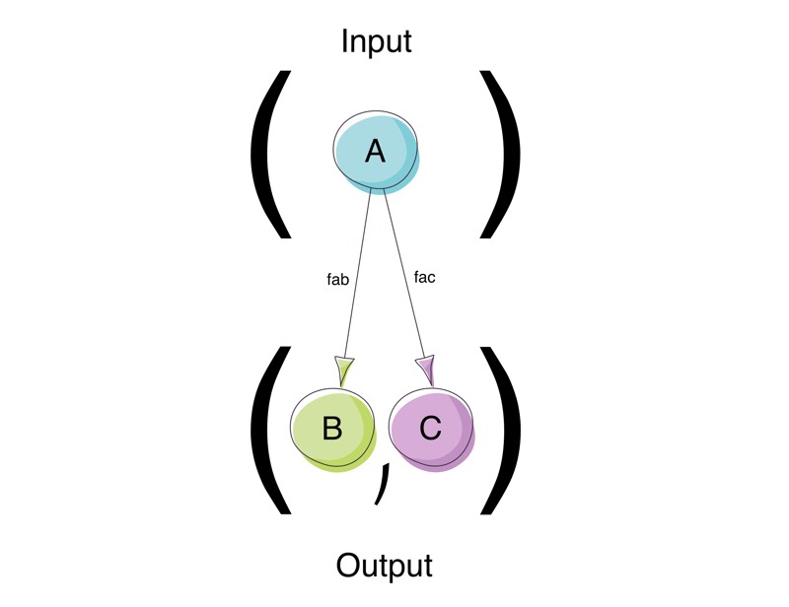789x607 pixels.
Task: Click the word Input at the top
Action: pos(376,42)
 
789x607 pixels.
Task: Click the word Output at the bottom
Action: pos(384,566)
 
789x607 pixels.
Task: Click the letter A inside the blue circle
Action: pos(375,151)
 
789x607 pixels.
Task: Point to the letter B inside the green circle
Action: pos(332,429)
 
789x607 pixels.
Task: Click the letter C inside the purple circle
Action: pos(431,429)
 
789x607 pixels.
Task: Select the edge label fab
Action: pos(337,279)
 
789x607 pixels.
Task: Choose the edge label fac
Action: pos(424,277)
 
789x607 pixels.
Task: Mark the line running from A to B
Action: pos(357,266)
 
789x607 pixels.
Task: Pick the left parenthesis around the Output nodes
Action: pos(268,430)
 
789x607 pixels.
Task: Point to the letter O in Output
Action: pos(350,566)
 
